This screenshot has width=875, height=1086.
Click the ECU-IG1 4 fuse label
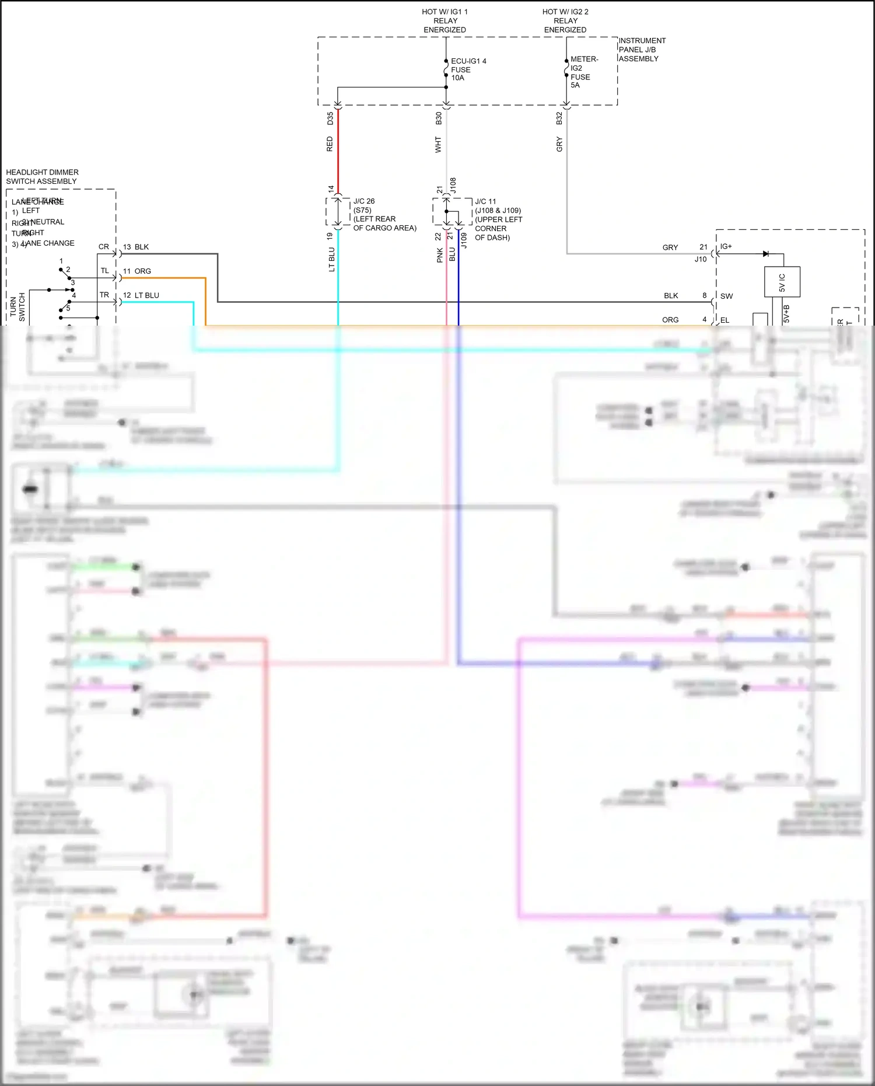click(x=468, y=69)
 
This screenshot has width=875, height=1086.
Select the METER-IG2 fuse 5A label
click(x=583, y=72)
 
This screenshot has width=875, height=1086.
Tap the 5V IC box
click(x=782, y=282)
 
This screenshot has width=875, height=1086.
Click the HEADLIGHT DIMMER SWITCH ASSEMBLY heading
click(x=42, y=177)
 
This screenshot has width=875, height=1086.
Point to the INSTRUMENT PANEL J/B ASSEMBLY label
click(x=641, y=50)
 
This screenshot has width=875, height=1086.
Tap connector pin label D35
click(x=330, y=118)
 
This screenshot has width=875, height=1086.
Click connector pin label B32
click(x=559, y=118)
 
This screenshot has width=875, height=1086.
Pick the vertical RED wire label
click(x=330, y=144)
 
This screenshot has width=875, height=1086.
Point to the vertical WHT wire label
click(x=438, y=145)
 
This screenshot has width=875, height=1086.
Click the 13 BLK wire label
click(x=136, y=247)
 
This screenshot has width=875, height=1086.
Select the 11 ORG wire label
click(x=137, y=271)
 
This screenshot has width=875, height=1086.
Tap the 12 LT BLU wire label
click(x=141, y=295)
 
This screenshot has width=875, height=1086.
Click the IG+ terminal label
click(x=726, y=246)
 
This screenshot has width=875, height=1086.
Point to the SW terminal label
click(x=726, y=296)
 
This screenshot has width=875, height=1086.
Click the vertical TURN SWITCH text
click(x=17, y=308)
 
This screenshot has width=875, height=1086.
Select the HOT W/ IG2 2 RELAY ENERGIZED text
click(x=565, y=20)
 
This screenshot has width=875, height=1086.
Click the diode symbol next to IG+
click(x=766, y=254)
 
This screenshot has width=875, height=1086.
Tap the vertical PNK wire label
click(x=440, y=255)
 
